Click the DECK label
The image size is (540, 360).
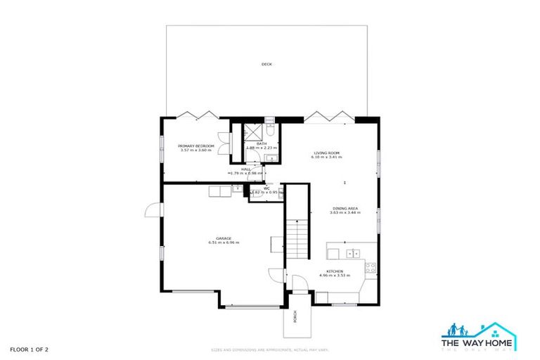[x=266, y=64]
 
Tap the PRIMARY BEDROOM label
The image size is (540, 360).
[x=195, y=146]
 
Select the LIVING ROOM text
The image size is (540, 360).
[x=326, y=153]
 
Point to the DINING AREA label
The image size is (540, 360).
[x=345, y=208]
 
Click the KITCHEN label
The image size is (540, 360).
[x=334, y=271]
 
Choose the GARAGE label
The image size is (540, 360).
[x=224, y=238]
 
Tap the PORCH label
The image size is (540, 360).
[x=296, y=317]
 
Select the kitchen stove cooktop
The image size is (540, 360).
[x=370, y=266]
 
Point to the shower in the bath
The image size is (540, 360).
[x=252, y=132]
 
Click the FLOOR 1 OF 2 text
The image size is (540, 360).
[x=29, y=349]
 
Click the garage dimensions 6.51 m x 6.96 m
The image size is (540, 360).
[x=224, y=243]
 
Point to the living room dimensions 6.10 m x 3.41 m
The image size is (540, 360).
[x=326, y=157]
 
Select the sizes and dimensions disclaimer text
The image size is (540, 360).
[x=269, y=349]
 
